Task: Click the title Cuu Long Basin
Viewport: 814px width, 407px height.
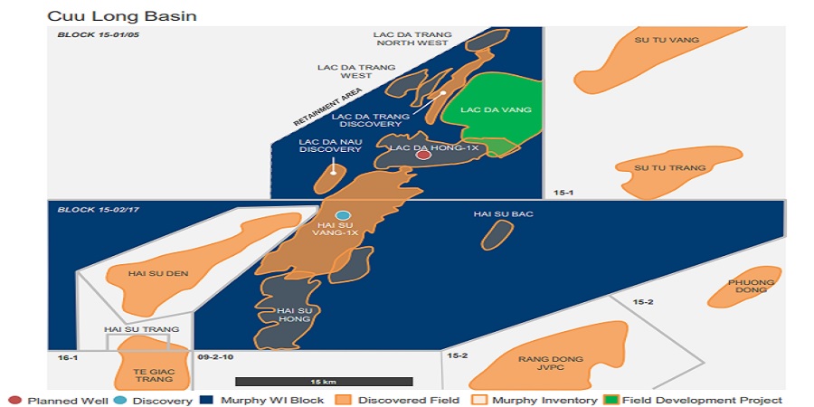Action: click(x=121, y=15)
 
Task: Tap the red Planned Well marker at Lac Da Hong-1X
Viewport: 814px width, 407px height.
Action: click(x=423, y=156)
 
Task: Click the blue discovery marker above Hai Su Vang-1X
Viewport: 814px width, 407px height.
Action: click(x=343, y=214)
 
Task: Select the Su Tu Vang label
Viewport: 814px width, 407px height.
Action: click(x=656, y=40)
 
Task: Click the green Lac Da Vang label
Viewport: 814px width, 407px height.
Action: click(x=495, y=109)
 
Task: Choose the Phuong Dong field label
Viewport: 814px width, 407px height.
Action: click(x=752, y=287)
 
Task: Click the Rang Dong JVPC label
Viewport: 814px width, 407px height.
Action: click(x=551, y=364)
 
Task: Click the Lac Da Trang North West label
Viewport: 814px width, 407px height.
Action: click(x=412, y=39)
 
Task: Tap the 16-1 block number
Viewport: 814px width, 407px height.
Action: click(x=62, y=358)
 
